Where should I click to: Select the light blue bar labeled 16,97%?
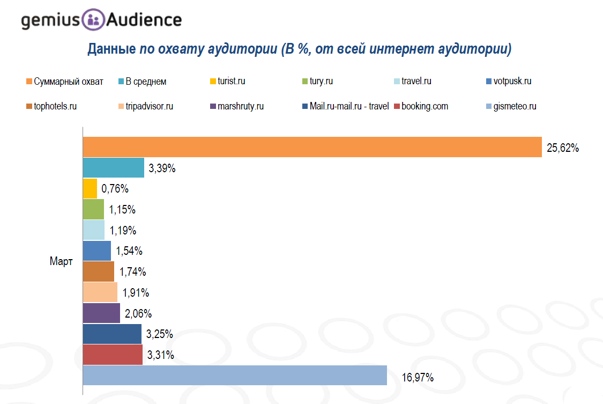coord(235,375)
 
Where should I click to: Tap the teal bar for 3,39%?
coord(114,168)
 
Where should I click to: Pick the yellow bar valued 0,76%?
coord(90,189)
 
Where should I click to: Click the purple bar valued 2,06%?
coord(101,313)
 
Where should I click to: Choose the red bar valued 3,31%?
coord(113,355)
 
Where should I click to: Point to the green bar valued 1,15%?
coord(93,209)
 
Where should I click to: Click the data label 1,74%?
coord(133,272)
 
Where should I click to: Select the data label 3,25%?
coord(160,334)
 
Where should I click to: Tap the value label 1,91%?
coord(136,293)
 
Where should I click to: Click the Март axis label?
coord(61,262)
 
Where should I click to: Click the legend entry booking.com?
coord(425,106)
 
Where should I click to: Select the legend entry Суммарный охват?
coord(68,82)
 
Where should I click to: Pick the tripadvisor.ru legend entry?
coord(149,106)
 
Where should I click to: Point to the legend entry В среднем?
coord(146,82)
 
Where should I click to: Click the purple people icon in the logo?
coord(93,20)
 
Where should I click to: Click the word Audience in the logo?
coord(143,20)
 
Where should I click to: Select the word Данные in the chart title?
coord(111,50)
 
